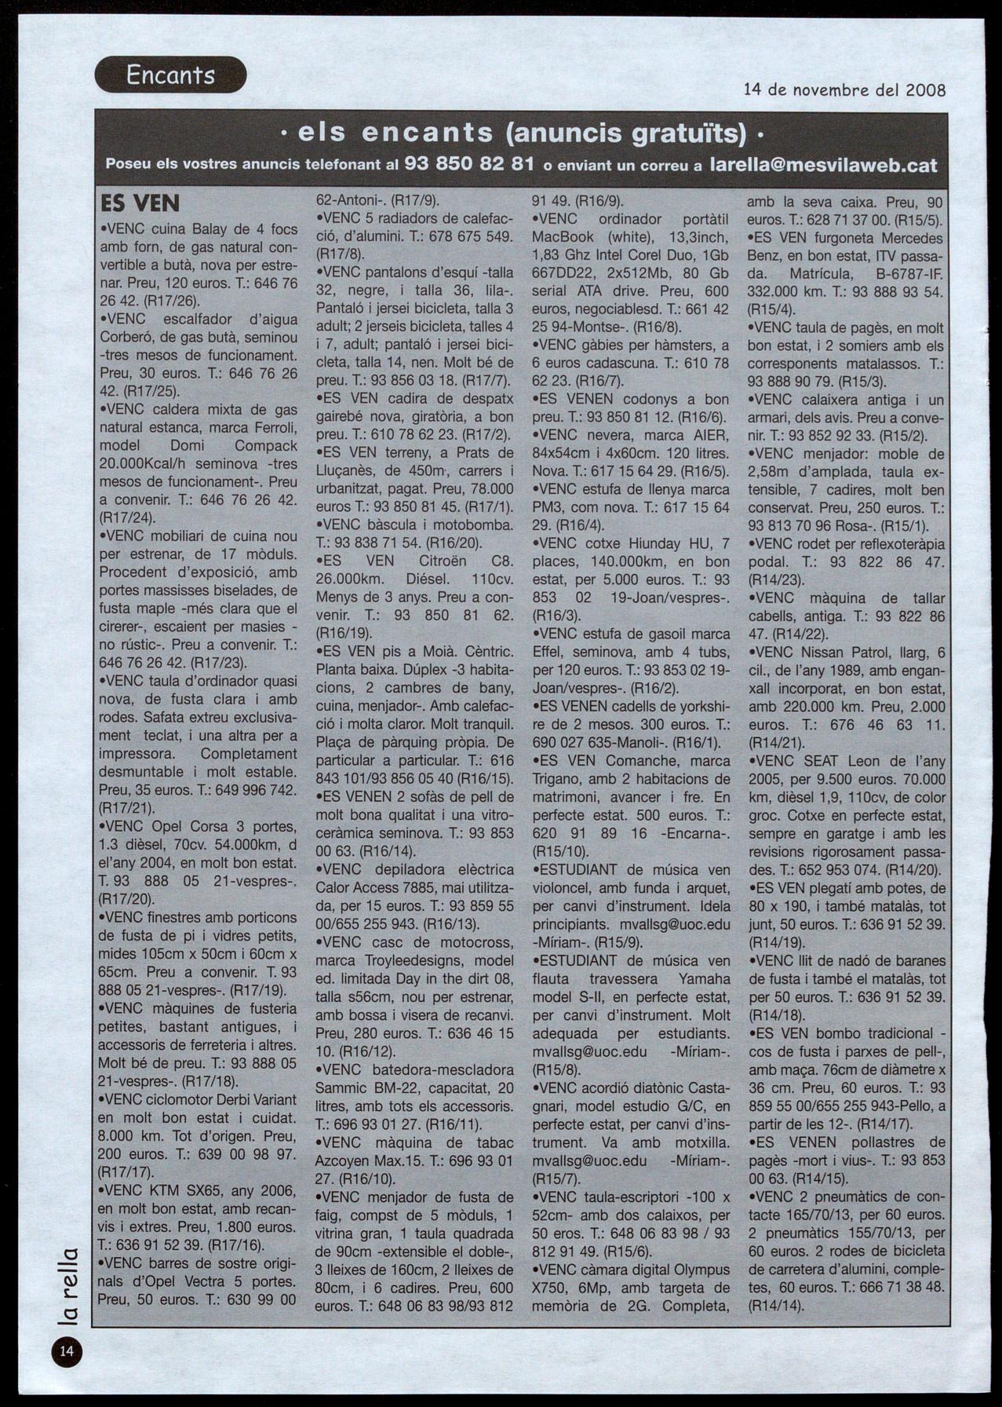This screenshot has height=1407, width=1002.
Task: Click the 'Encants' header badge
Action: [170, 75]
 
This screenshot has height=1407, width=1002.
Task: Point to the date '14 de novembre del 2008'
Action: [844, 90]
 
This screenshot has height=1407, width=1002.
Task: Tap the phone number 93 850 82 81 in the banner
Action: [469, 165]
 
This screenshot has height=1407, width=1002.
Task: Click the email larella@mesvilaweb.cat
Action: [822, 165]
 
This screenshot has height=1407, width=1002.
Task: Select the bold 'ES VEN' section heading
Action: [140, 203]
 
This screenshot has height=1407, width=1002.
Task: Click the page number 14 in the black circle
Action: [65, 1350]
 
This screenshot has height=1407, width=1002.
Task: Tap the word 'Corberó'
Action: [127, 338]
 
